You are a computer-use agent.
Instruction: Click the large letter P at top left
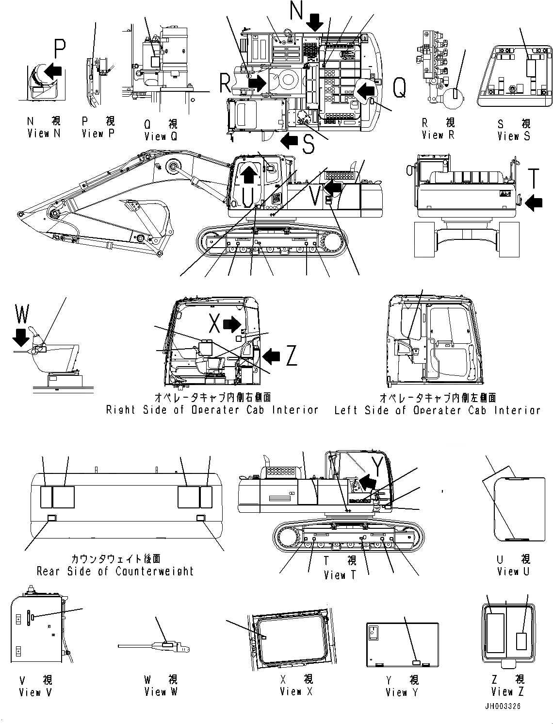click(x=59, y=49)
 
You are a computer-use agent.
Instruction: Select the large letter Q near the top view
click(x=399, y=88)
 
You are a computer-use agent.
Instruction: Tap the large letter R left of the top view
click(x=225, y=83)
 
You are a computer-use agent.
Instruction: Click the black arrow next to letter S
click(x=290, y=141)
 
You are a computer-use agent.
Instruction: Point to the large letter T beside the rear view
click(x=534, y=178)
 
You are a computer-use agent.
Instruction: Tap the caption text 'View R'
click(x=438, y=135)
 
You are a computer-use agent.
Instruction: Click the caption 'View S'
click(x=514, y=136)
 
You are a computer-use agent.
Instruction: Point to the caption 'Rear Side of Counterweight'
click(x=115, y=571)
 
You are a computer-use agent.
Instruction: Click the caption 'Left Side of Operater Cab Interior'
click(x=437, y=410)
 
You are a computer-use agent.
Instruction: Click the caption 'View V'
click(x=35, y=692)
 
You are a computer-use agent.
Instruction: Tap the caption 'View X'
click(x=296, y=691)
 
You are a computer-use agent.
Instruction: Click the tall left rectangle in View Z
click(x=495, y=633)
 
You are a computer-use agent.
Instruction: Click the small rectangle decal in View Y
click(x=416, y=662)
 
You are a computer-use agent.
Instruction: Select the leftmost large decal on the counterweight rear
click(x=45, y=497)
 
